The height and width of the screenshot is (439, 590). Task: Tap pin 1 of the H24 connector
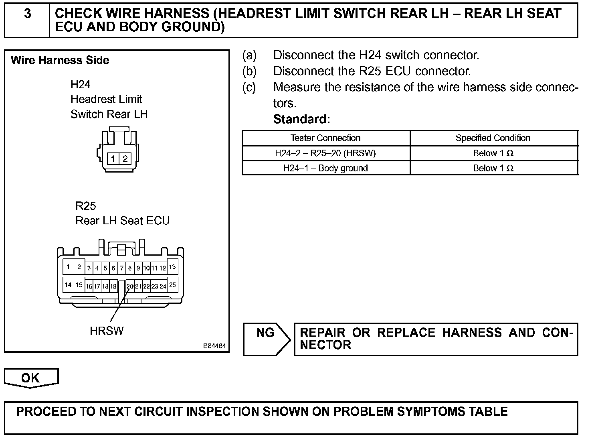[x=113, y=159]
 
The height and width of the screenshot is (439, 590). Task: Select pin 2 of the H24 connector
[x=125, y=159]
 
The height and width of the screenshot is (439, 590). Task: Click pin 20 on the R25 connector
[x=130, y=286]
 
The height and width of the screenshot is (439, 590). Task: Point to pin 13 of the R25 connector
[x=172, y=267]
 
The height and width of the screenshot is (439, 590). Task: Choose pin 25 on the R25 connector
[x=172, y=285]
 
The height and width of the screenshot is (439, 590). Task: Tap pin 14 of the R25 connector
[x=68, y=285]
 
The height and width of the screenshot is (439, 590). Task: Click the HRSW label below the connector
[x=107, y=331]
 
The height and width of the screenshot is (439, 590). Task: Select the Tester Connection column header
[x=325, y=138]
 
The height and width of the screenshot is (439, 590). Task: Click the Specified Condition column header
[x=493, y=138]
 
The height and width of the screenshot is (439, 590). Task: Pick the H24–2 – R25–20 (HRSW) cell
[x=325, y=153]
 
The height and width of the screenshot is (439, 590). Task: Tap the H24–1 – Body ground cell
[x=325, y=168]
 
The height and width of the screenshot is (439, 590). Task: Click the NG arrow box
[x=266, y=339]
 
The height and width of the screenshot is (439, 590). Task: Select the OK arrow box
[x=31, y=378]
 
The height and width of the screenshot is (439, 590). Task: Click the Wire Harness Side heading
[x=60, y=61]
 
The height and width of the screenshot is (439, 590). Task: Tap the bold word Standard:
[x=301, y=119]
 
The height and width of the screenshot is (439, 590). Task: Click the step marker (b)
[x=249, y=71]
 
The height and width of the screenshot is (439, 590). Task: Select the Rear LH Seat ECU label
[x=123, y=221]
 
